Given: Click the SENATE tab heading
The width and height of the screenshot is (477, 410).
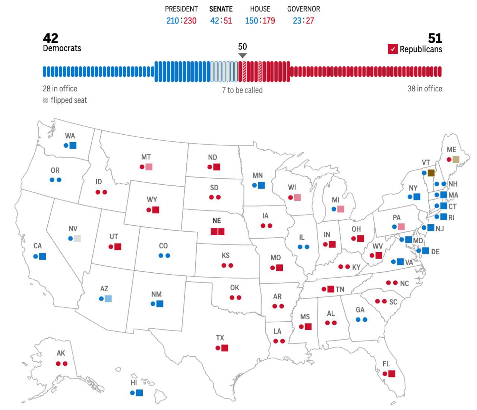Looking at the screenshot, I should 221,9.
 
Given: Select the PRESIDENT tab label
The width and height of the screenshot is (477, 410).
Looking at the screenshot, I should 181,9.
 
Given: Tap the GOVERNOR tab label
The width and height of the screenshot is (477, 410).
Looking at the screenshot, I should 303,9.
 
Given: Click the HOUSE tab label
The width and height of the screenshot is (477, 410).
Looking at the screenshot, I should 260,9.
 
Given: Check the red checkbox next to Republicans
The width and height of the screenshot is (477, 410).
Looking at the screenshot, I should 392,49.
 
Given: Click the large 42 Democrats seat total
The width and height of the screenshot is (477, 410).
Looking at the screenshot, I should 51,38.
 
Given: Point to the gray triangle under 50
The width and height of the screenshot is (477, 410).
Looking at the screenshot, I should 242,56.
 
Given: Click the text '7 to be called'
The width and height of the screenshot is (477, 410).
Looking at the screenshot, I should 242,90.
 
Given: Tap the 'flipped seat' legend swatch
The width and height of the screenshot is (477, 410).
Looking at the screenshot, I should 45,100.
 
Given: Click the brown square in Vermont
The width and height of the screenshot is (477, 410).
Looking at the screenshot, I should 431,173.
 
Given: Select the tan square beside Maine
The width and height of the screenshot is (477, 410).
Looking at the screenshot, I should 456,160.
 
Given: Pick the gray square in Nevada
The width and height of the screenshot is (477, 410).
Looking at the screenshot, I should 77,238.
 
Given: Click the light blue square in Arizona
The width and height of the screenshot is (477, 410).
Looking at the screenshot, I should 108,298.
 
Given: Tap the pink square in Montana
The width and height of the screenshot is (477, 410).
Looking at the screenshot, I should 149,167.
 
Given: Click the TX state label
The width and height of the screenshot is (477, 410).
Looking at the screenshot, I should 220,338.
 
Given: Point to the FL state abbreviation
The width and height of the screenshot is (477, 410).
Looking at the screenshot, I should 386,364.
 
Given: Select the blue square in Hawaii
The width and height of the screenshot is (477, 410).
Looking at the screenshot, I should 139,392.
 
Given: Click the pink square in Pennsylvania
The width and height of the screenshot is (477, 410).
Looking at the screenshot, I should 401,226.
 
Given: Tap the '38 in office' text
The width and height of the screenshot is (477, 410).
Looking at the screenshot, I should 424,89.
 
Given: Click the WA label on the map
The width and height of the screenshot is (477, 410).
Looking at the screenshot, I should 70,136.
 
